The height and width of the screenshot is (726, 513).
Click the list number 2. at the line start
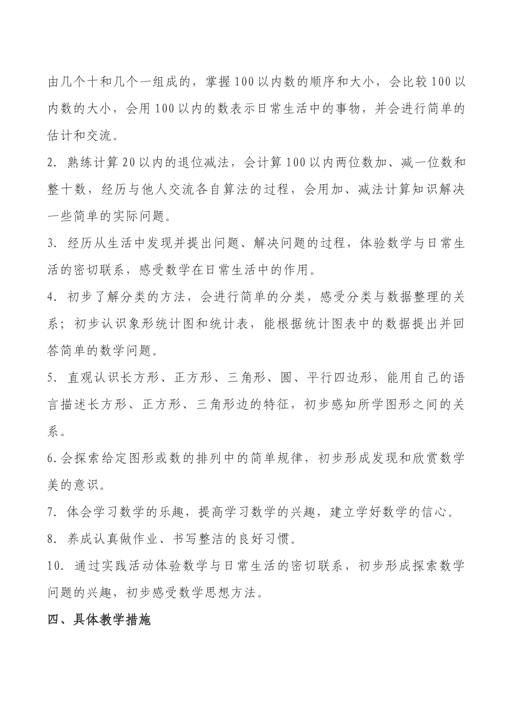point(52,163)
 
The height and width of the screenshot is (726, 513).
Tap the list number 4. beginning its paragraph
point(52,297)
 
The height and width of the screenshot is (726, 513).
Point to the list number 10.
point(57,566)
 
